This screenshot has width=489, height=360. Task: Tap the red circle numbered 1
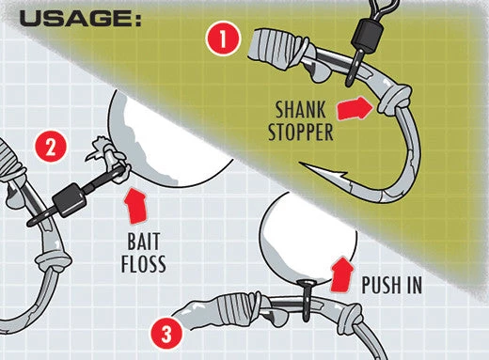[223, 39]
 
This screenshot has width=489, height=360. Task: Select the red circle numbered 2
[51, 148]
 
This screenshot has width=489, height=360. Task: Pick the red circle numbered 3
[166, 333]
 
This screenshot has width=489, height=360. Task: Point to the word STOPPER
[301, 132]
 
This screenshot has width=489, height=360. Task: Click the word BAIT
[144, 242]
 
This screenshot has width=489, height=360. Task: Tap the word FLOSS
[144, 264]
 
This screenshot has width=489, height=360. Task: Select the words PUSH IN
[391, 285]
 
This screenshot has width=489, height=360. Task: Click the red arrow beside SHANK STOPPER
[355, 108]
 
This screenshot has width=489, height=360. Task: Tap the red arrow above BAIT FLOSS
[136, 206]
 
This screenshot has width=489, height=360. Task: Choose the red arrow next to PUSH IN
[342, 274]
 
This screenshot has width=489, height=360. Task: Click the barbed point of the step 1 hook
[302, 164]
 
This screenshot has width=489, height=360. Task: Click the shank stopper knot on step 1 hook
[394, 99]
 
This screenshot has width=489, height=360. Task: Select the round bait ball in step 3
[308, 238]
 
